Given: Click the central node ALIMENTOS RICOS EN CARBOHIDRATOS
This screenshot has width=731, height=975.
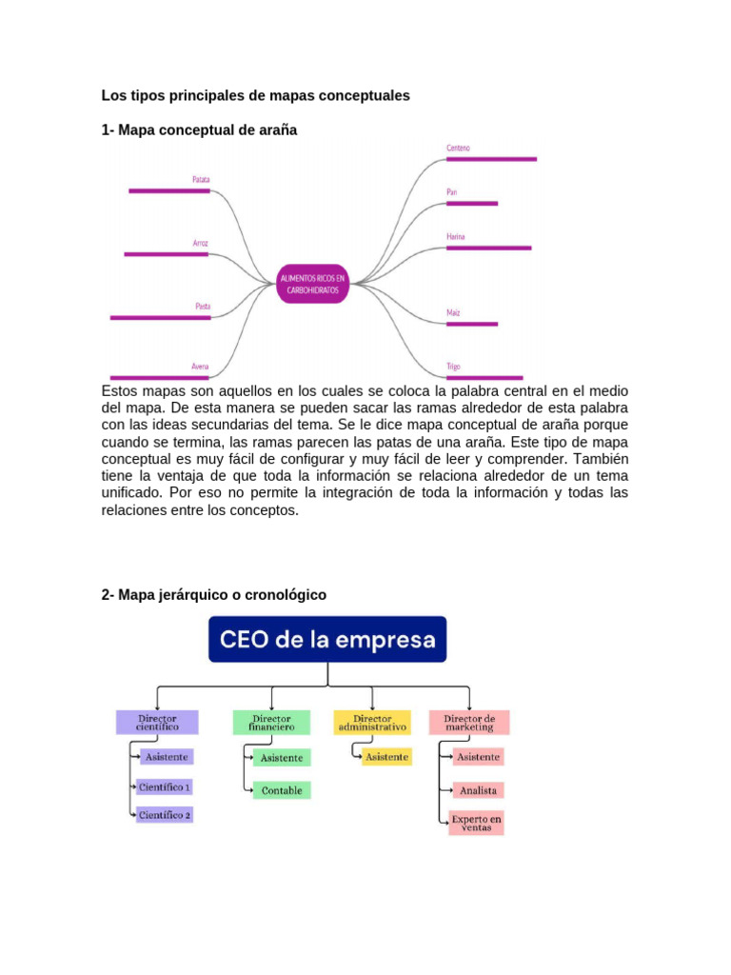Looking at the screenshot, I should point(312,283).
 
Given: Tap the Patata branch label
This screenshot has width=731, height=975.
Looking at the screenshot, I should point(201,179).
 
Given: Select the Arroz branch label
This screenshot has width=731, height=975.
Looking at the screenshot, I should point(200,243).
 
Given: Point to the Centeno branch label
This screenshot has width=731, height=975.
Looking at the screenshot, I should point(458,148).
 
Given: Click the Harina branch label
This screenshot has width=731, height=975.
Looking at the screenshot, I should point(456,235).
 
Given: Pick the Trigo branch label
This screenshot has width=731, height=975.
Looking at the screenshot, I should point(454,366).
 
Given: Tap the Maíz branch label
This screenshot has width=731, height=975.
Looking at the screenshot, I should point(453,312).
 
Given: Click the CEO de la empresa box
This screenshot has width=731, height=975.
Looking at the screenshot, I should point(327,639).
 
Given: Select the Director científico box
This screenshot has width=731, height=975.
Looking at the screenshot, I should point(157,722).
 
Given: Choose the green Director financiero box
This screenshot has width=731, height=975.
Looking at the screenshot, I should point(271,722).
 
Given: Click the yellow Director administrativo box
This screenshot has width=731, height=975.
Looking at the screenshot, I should point(372,722).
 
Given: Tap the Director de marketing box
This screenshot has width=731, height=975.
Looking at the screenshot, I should point(469,722).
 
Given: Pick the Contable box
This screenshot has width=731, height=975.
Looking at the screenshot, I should point(282,790).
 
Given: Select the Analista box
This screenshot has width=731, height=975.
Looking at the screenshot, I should point(478,790).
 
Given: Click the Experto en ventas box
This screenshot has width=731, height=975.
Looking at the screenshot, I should point(477,823).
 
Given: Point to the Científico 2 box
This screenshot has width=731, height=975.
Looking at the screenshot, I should point(165,815).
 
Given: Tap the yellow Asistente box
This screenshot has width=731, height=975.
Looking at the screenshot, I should point(387,757).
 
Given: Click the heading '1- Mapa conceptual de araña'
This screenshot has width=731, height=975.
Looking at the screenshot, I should point(199,129).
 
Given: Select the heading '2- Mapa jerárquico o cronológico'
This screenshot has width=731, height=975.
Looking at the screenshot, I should point(213,595).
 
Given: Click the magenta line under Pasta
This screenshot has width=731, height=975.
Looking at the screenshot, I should point(160,317).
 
